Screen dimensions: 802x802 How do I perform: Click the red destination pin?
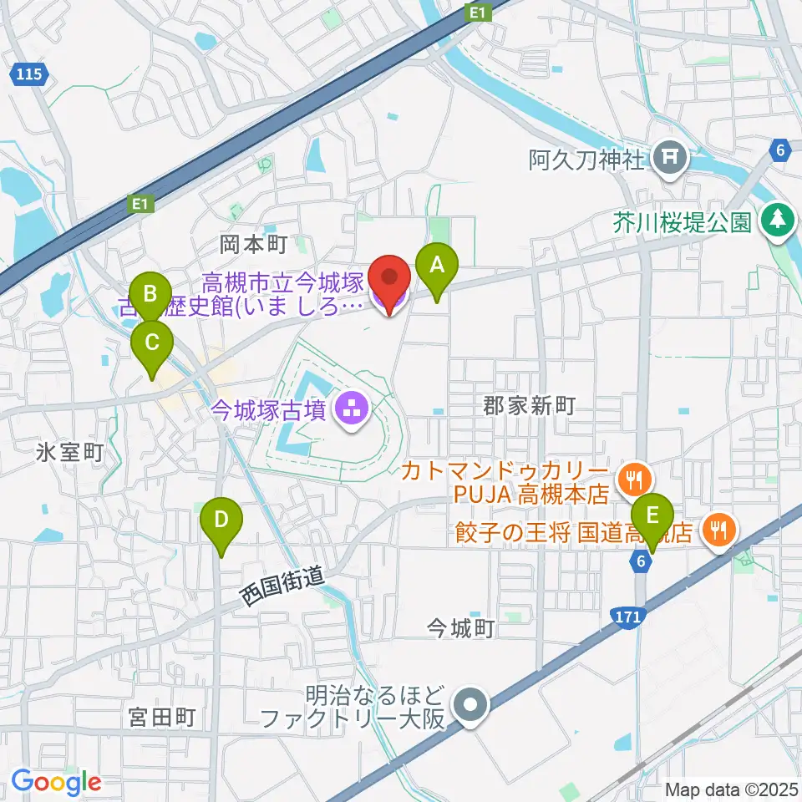pyautogui.click(x=388, y=277)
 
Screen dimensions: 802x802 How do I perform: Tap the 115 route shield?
pyautogui.click(x=28, y=74)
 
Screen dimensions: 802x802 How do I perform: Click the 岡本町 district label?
pyautogui.click(x=253, y=244)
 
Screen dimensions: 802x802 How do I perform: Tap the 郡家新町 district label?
pyautogui.click(x=530, y=407)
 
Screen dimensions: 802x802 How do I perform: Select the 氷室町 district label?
pyautogui.click(x=69, y=453)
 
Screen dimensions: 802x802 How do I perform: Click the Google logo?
pyautogui.click(x=56, y=782)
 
